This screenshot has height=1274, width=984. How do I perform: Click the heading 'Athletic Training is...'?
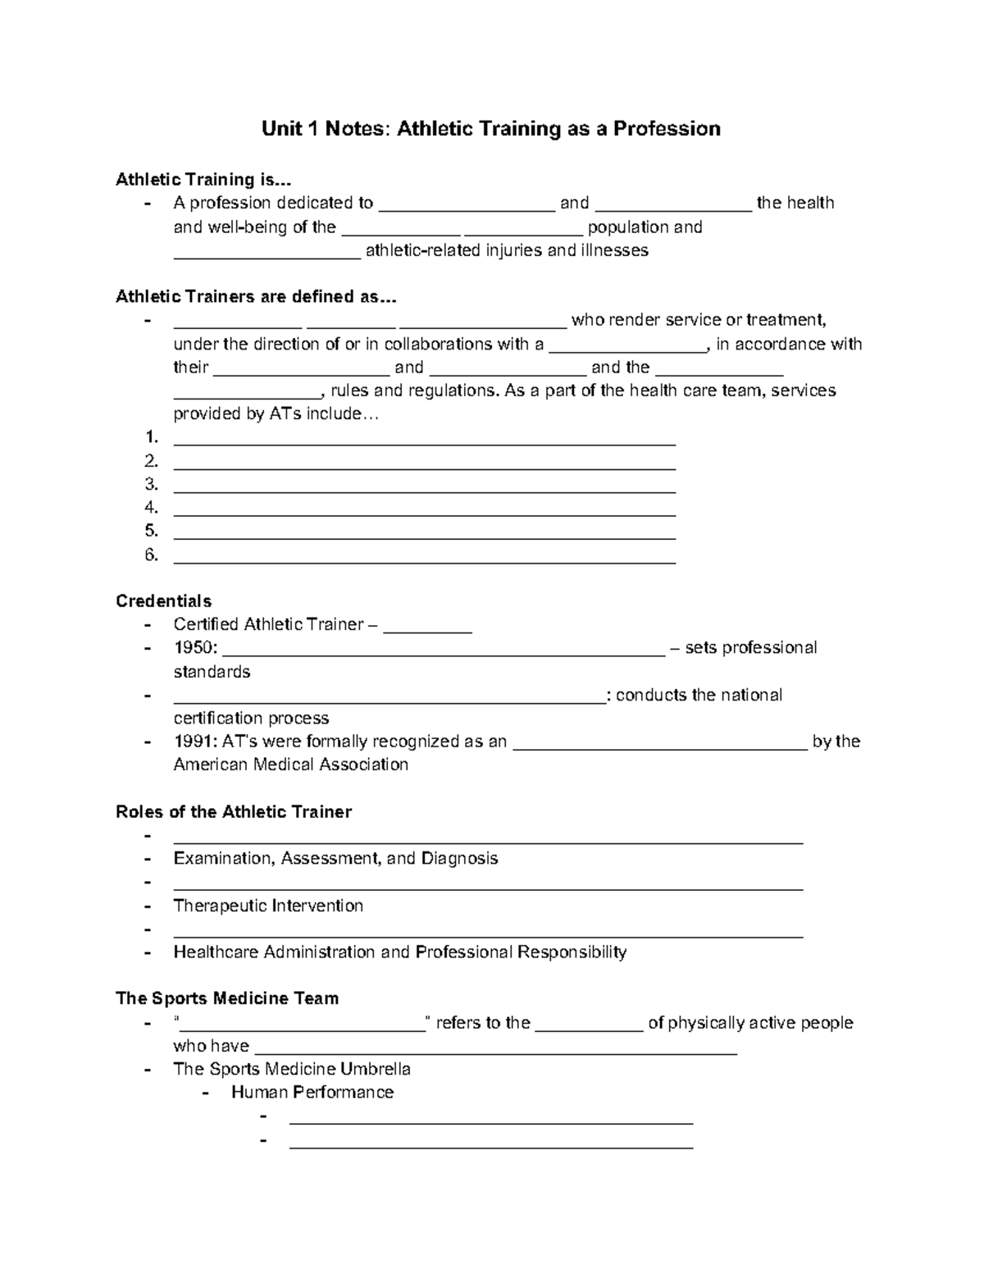click(203, 180)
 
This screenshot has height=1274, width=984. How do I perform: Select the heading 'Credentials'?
click(164, 601)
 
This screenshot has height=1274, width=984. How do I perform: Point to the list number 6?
click(151, 555)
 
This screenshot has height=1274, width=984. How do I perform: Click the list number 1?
click(151, 437)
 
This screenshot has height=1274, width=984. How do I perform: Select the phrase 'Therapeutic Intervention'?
click(268, 906)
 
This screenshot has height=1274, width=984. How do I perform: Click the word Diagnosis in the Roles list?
click(459, 859)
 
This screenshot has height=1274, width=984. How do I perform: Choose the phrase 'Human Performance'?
click(312, 1093)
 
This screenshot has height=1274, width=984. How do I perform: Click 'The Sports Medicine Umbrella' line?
click(292, 1069)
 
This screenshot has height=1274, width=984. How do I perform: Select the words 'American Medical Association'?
click(290, 765)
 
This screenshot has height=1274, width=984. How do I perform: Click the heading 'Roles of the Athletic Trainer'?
click(234, 812)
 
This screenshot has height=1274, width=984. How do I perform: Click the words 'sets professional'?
click(750, 648)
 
